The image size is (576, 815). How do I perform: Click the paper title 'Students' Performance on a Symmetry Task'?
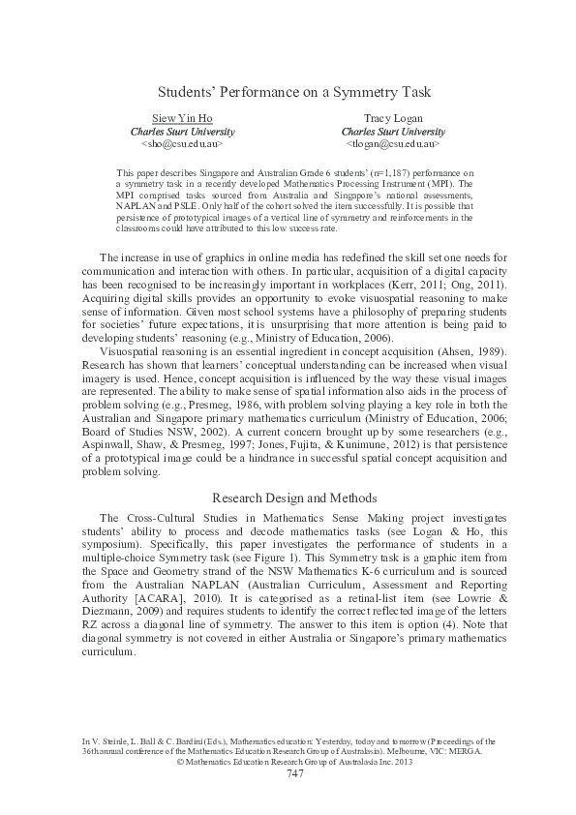point(293,92)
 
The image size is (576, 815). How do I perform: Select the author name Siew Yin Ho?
point(182,118)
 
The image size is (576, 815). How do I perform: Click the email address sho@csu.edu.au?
point(182,143)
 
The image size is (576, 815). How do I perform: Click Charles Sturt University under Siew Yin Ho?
point(182,131)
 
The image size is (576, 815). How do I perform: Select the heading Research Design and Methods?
point(293,498)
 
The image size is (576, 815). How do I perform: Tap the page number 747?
point(295,773)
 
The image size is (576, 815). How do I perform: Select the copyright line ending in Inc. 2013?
point(295,761)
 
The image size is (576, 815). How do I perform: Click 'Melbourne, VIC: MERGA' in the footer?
point(416,750)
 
